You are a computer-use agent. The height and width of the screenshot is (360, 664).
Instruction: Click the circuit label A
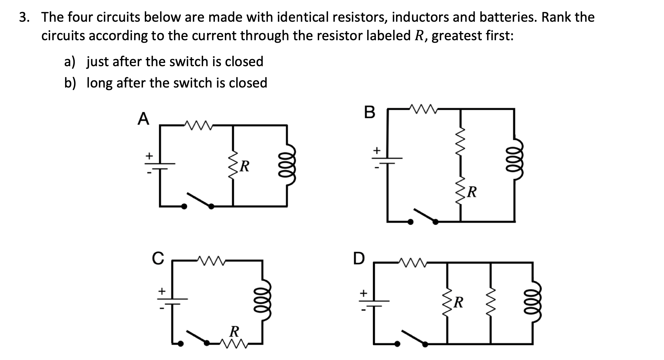[143, 119]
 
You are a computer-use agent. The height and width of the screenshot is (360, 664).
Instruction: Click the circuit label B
[370, 112]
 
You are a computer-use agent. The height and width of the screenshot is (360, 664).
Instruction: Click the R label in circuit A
[244, 166]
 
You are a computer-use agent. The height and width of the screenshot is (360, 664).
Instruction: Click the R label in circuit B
[471, 192]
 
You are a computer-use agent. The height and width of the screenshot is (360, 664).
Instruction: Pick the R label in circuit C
[234, 332]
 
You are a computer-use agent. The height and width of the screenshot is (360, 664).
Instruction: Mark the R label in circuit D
[459, 302]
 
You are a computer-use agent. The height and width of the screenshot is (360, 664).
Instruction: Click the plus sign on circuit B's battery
[376, 150]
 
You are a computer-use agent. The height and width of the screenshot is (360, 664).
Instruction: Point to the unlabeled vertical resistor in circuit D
[490, 302]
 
